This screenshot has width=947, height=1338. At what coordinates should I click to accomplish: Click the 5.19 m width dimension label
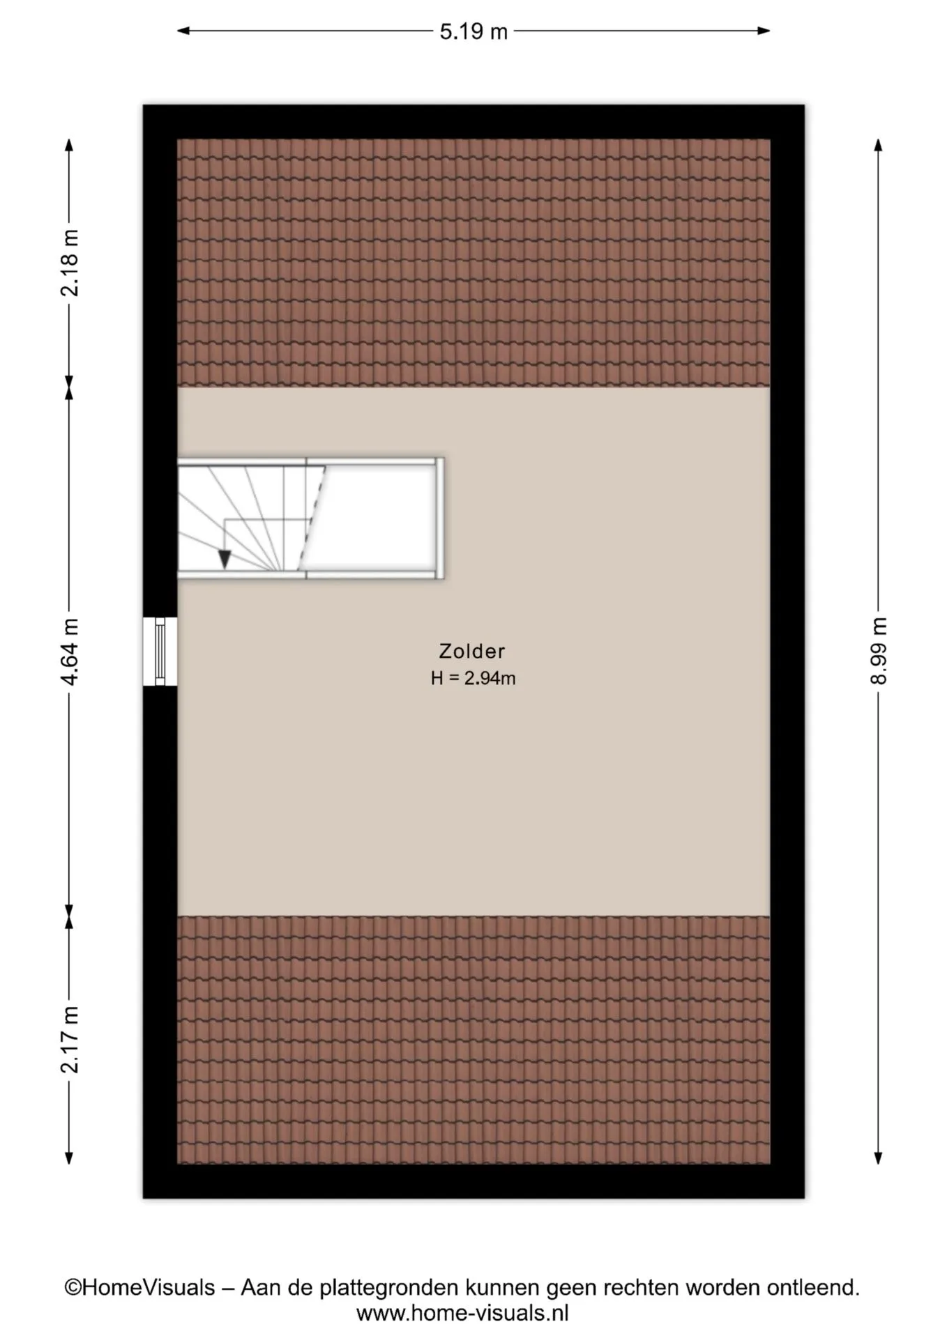point(473,31)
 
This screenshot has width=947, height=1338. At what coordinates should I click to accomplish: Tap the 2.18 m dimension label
point(70,263)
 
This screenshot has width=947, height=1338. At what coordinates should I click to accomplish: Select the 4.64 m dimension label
point(70,652)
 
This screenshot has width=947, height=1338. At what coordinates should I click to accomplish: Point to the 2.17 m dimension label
point(70,1039)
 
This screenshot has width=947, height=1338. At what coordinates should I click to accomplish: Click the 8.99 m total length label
point(879,651)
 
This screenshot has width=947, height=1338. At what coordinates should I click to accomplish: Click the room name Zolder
point(472,651)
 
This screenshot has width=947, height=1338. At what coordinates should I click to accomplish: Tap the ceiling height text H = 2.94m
point(473,678)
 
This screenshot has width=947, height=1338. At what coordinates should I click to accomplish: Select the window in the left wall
point(160,652)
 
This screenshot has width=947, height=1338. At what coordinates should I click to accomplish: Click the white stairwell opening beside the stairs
point(373,518)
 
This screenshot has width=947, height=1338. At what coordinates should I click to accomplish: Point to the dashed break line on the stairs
point(312,518)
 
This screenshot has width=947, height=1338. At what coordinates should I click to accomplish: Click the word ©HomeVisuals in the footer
point(139,1287)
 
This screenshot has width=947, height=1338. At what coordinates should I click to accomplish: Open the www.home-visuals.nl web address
point(462,1314)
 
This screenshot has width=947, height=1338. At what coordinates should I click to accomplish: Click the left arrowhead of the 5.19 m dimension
point(183,31)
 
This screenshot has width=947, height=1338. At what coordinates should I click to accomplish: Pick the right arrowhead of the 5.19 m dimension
point(764,31)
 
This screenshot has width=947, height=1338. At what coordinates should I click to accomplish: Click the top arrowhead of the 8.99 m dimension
point(879,145)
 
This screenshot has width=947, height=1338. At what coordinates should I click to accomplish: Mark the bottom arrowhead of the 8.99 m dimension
point(879,1158)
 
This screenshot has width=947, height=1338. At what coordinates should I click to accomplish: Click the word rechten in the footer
point(642,1287)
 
